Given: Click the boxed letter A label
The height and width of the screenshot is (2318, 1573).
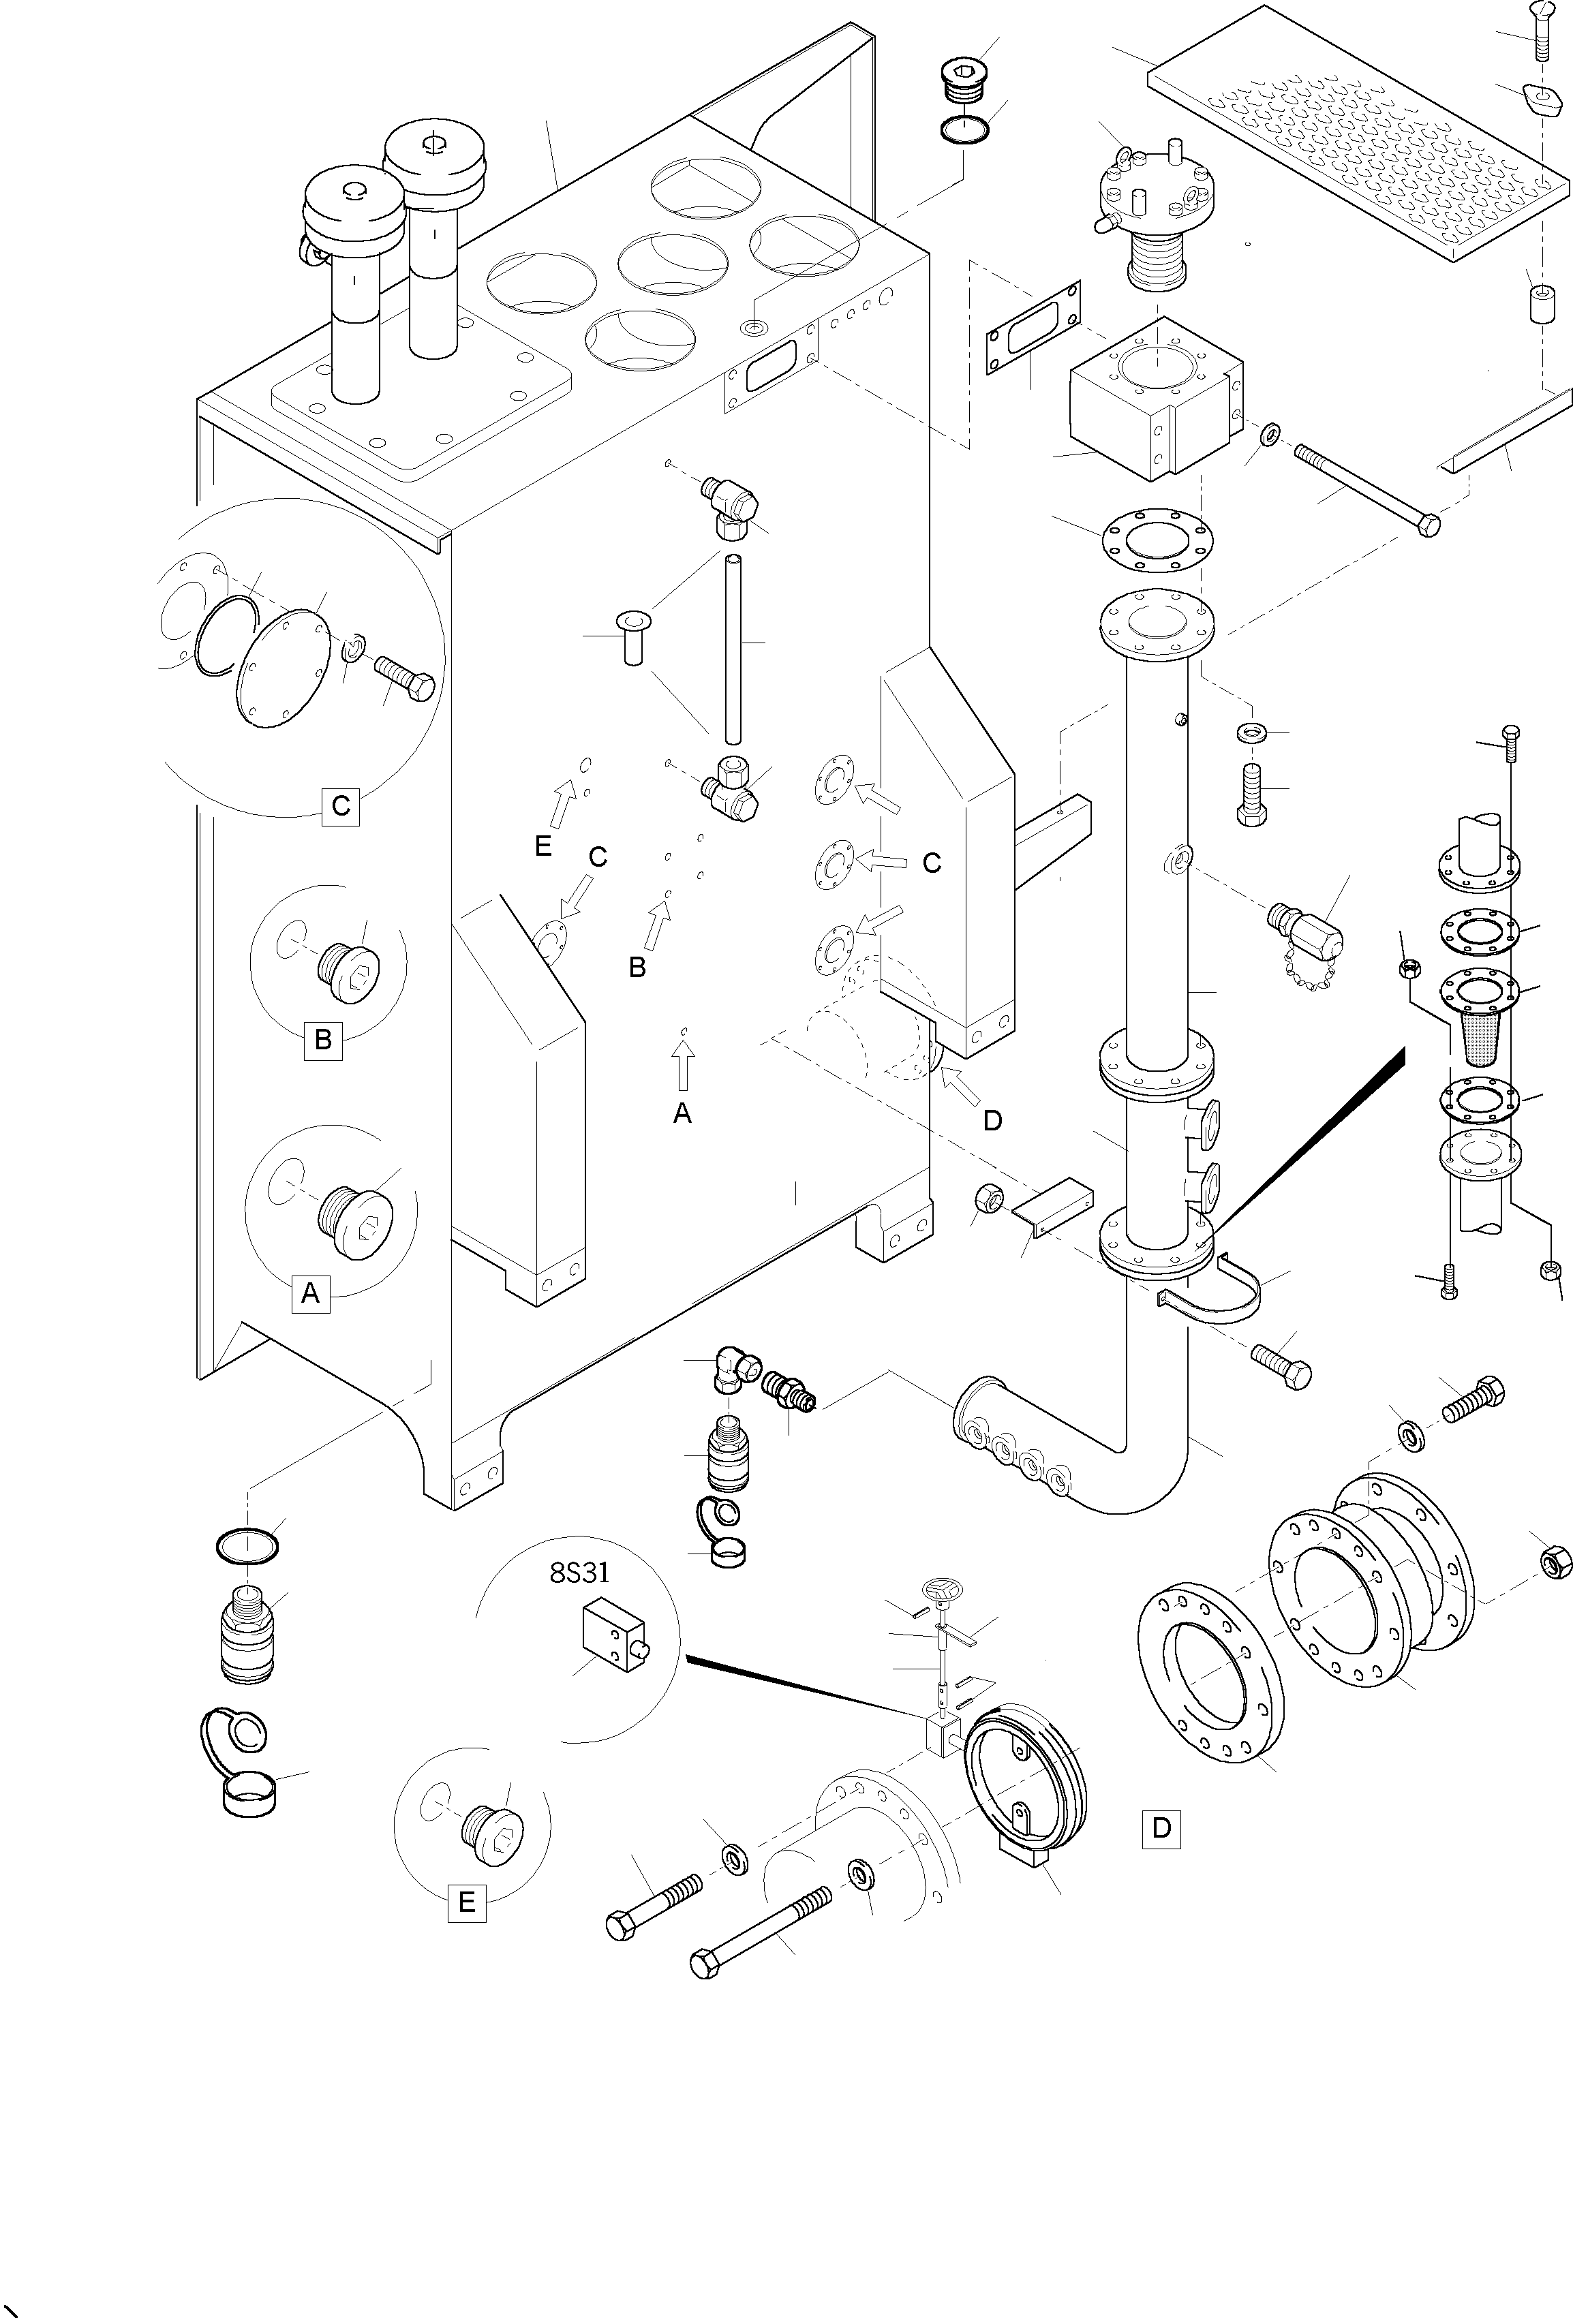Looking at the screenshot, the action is (310, 1294).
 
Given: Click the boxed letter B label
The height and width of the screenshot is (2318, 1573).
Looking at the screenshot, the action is (323, 1040).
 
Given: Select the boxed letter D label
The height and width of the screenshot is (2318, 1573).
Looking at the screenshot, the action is (1161, 1828).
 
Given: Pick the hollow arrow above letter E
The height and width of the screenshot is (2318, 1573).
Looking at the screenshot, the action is (564, 804).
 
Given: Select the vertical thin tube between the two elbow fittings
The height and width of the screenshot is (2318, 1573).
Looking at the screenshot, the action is (733, 649).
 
